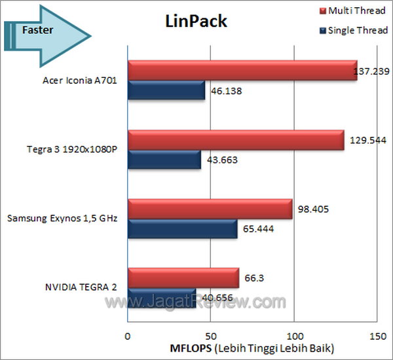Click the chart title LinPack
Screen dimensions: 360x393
tap(195, 22)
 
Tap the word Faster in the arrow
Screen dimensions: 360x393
tap(37, 29)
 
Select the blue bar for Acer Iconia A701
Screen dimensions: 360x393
tap(166, 90)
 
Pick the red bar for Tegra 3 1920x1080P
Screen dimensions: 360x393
tap(236, 139)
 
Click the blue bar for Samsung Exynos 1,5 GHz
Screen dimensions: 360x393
tap(181, 228)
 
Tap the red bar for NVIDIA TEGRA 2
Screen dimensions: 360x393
tap(183, 277)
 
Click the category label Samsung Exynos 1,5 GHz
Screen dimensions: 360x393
tap(61, 218)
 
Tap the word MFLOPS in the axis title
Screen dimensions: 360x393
tap(190, 346)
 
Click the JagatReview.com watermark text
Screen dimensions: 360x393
tap(197, 302)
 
